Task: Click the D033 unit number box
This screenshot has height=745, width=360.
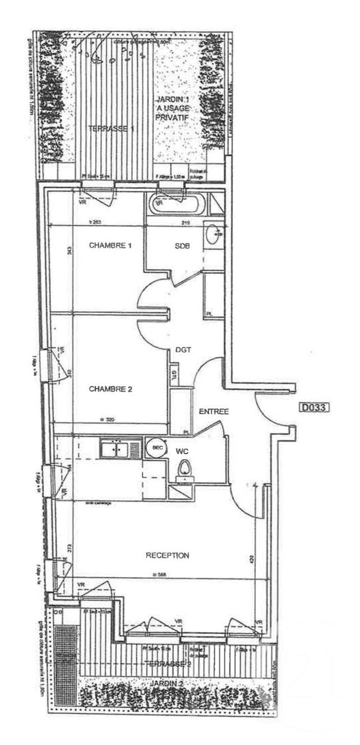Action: pyautogui.click(x=313, y=406)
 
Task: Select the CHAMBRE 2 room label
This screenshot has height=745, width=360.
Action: pyautogui.click(x=110, y=389)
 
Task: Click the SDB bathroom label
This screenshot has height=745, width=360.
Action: pyautogui.click(x=182, y=246)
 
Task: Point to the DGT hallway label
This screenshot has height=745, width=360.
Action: pyautogui.click(x=183, y=349)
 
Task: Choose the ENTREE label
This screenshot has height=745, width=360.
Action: pyautogui.click(x=214, y=412)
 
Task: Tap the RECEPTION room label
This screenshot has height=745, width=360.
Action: pyautogui.click(x=168, y=555)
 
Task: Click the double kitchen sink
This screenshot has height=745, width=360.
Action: pyautogui.click(x=121, y=449)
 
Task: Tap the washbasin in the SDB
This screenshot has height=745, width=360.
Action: pyautogui.click(x=214, y=235)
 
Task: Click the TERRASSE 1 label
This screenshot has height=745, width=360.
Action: pyautogui.click(x=111, y=129)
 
